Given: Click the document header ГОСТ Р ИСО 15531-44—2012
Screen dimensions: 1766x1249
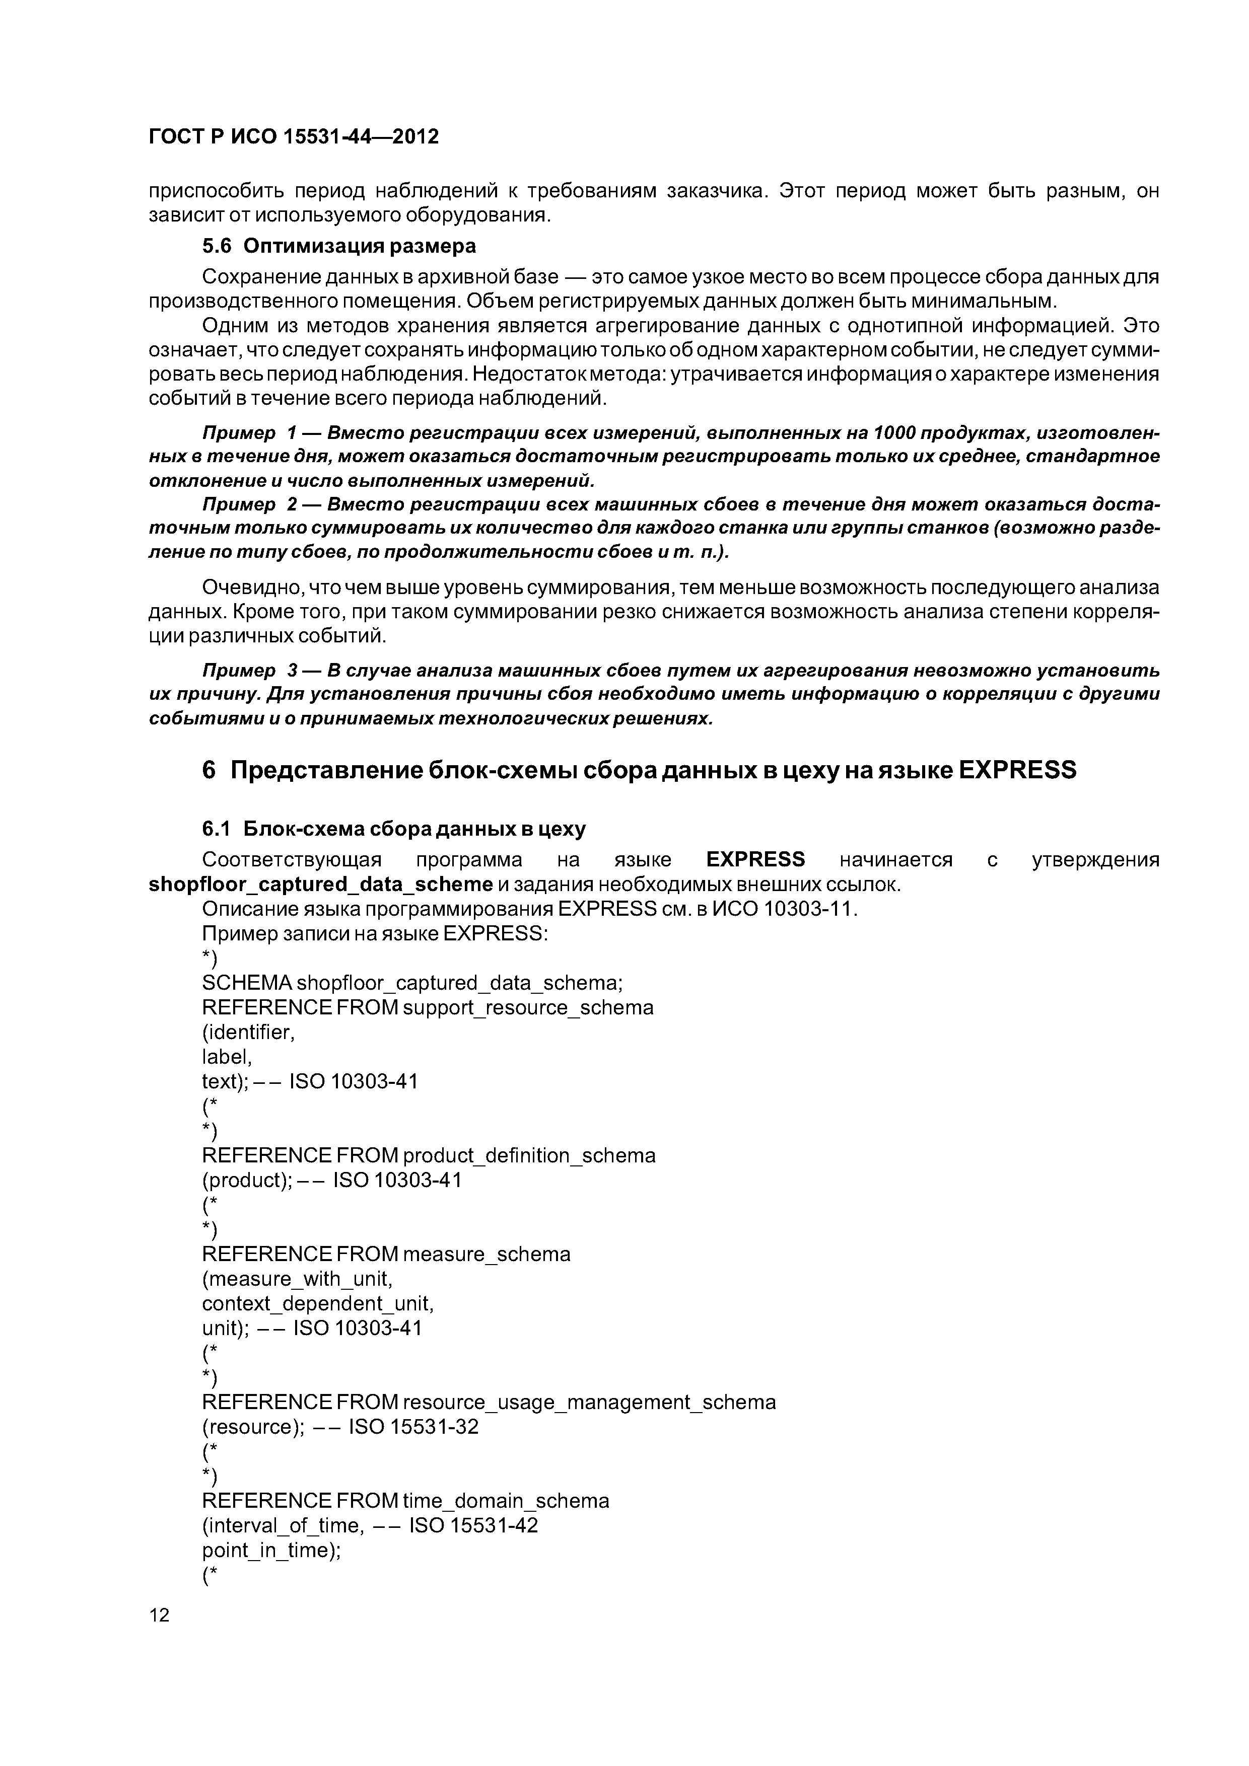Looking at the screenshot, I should click(293, 137).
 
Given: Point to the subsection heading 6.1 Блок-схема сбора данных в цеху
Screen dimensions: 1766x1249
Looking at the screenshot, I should click(393, 829).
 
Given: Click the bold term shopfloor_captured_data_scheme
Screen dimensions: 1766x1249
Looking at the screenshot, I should click(321, 884).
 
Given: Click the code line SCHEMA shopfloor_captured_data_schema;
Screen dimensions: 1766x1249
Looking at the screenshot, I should click(412, 983).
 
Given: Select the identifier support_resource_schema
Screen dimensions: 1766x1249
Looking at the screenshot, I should click(528, 1008).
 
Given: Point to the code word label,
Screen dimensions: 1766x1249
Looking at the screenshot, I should click(227, 1057).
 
